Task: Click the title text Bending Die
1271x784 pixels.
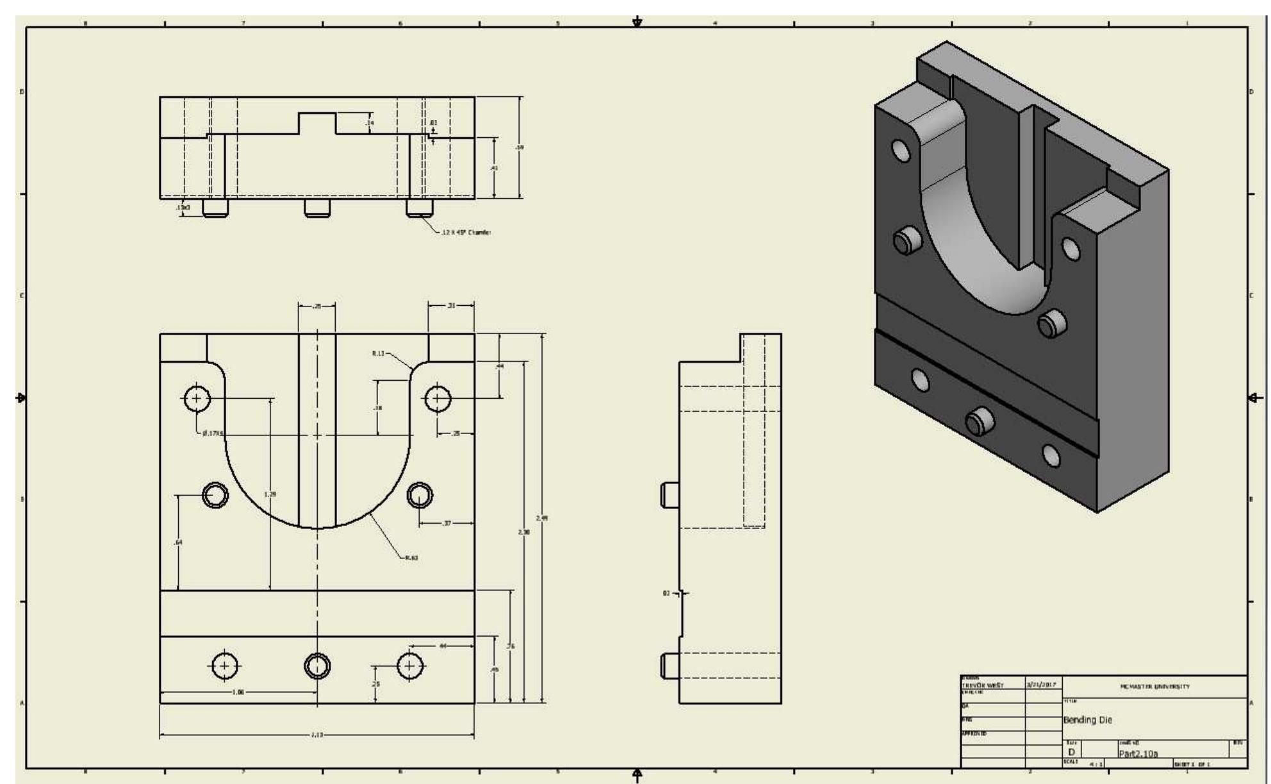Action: click(x=1088, y=720)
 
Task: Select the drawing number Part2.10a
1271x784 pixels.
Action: click(x=1138, y=754)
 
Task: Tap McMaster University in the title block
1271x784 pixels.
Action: click(x=1155, y=687)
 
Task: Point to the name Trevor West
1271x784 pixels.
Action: click(x=982, y=685)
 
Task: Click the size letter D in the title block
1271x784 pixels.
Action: click(x=1071, y=752)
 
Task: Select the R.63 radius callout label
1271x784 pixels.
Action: click(x=411, y=558)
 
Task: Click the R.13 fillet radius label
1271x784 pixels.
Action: click(x=378, y=353)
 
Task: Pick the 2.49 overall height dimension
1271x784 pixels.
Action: click(x=541, y=518)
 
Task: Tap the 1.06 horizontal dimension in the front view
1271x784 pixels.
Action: click(x=238, y=692)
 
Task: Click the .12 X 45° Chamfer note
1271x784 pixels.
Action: click(x=466, y=233)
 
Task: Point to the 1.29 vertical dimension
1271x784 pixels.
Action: click(x=270, y=494)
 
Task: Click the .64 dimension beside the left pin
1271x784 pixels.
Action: click(x=178, y=542)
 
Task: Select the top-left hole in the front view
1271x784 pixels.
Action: click(x=197, y=399)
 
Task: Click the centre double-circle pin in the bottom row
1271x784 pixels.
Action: click(x=317, y=666)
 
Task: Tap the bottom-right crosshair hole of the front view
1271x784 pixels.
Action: click(x=410, y=666)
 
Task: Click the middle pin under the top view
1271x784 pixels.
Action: click(x=317, y=208)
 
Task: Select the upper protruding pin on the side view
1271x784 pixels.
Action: click(x=670, y=495)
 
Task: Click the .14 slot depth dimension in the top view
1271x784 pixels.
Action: click(x=370, y=122)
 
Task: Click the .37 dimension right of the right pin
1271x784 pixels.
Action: click(x=447, y=524)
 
